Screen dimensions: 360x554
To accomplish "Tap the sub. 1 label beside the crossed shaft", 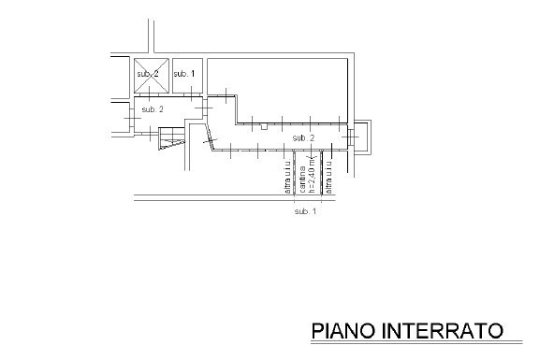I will click(184, 72).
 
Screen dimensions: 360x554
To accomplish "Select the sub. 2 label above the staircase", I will click(153, 109).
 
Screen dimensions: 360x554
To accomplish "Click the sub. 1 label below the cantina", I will click(305, 212).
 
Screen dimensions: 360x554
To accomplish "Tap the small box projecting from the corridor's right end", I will click(363, 137).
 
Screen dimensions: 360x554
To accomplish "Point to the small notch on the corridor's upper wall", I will click(265, 125).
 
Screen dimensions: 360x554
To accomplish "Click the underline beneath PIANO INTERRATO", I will click(407, 342).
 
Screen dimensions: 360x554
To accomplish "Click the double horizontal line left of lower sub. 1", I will click(206, 196).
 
